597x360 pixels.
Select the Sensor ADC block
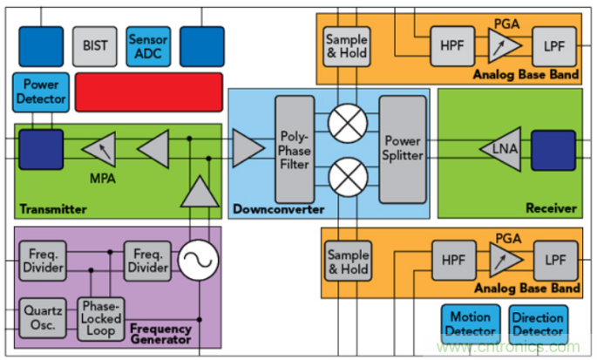pyautogui.click(x=148, y=45)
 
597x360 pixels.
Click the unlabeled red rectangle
pyautogui.click(x=147, y=92)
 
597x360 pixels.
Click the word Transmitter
pyautogui.click(x=52, y=209)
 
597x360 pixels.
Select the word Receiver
pyautogui.click(x=552, y=208)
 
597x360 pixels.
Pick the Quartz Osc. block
pyautogui.click(x=41, y=316)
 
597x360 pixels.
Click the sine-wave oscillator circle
pyautogui.click(x=198, y=261)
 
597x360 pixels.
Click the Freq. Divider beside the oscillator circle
pyautogui.click(x=146, y=261)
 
